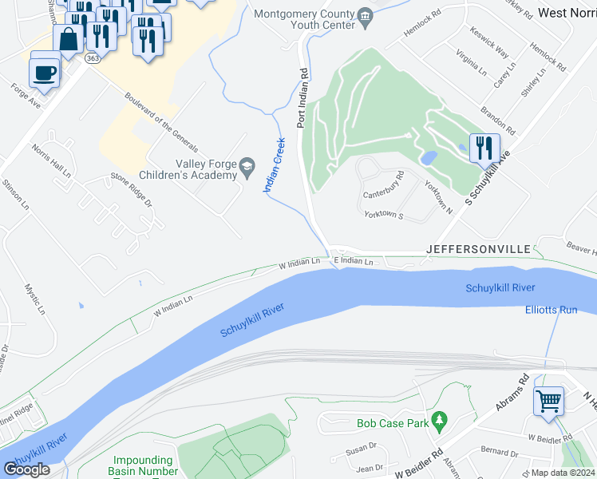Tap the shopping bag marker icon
[x=69, y=38]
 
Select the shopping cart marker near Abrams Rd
[x=548, y=402]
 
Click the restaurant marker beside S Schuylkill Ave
[x=484, y=148]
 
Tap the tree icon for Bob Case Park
[x=437, y=420]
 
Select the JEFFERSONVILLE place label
[x=478, y=249]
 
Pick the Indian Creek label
[x=275, y=164]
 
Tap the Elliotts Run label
[x=551, y=310]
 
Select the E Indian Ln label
[x=354, y=262]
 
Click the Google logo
[x=26, y=469]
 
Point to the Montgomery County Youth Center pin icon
[x=366, y=15]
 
